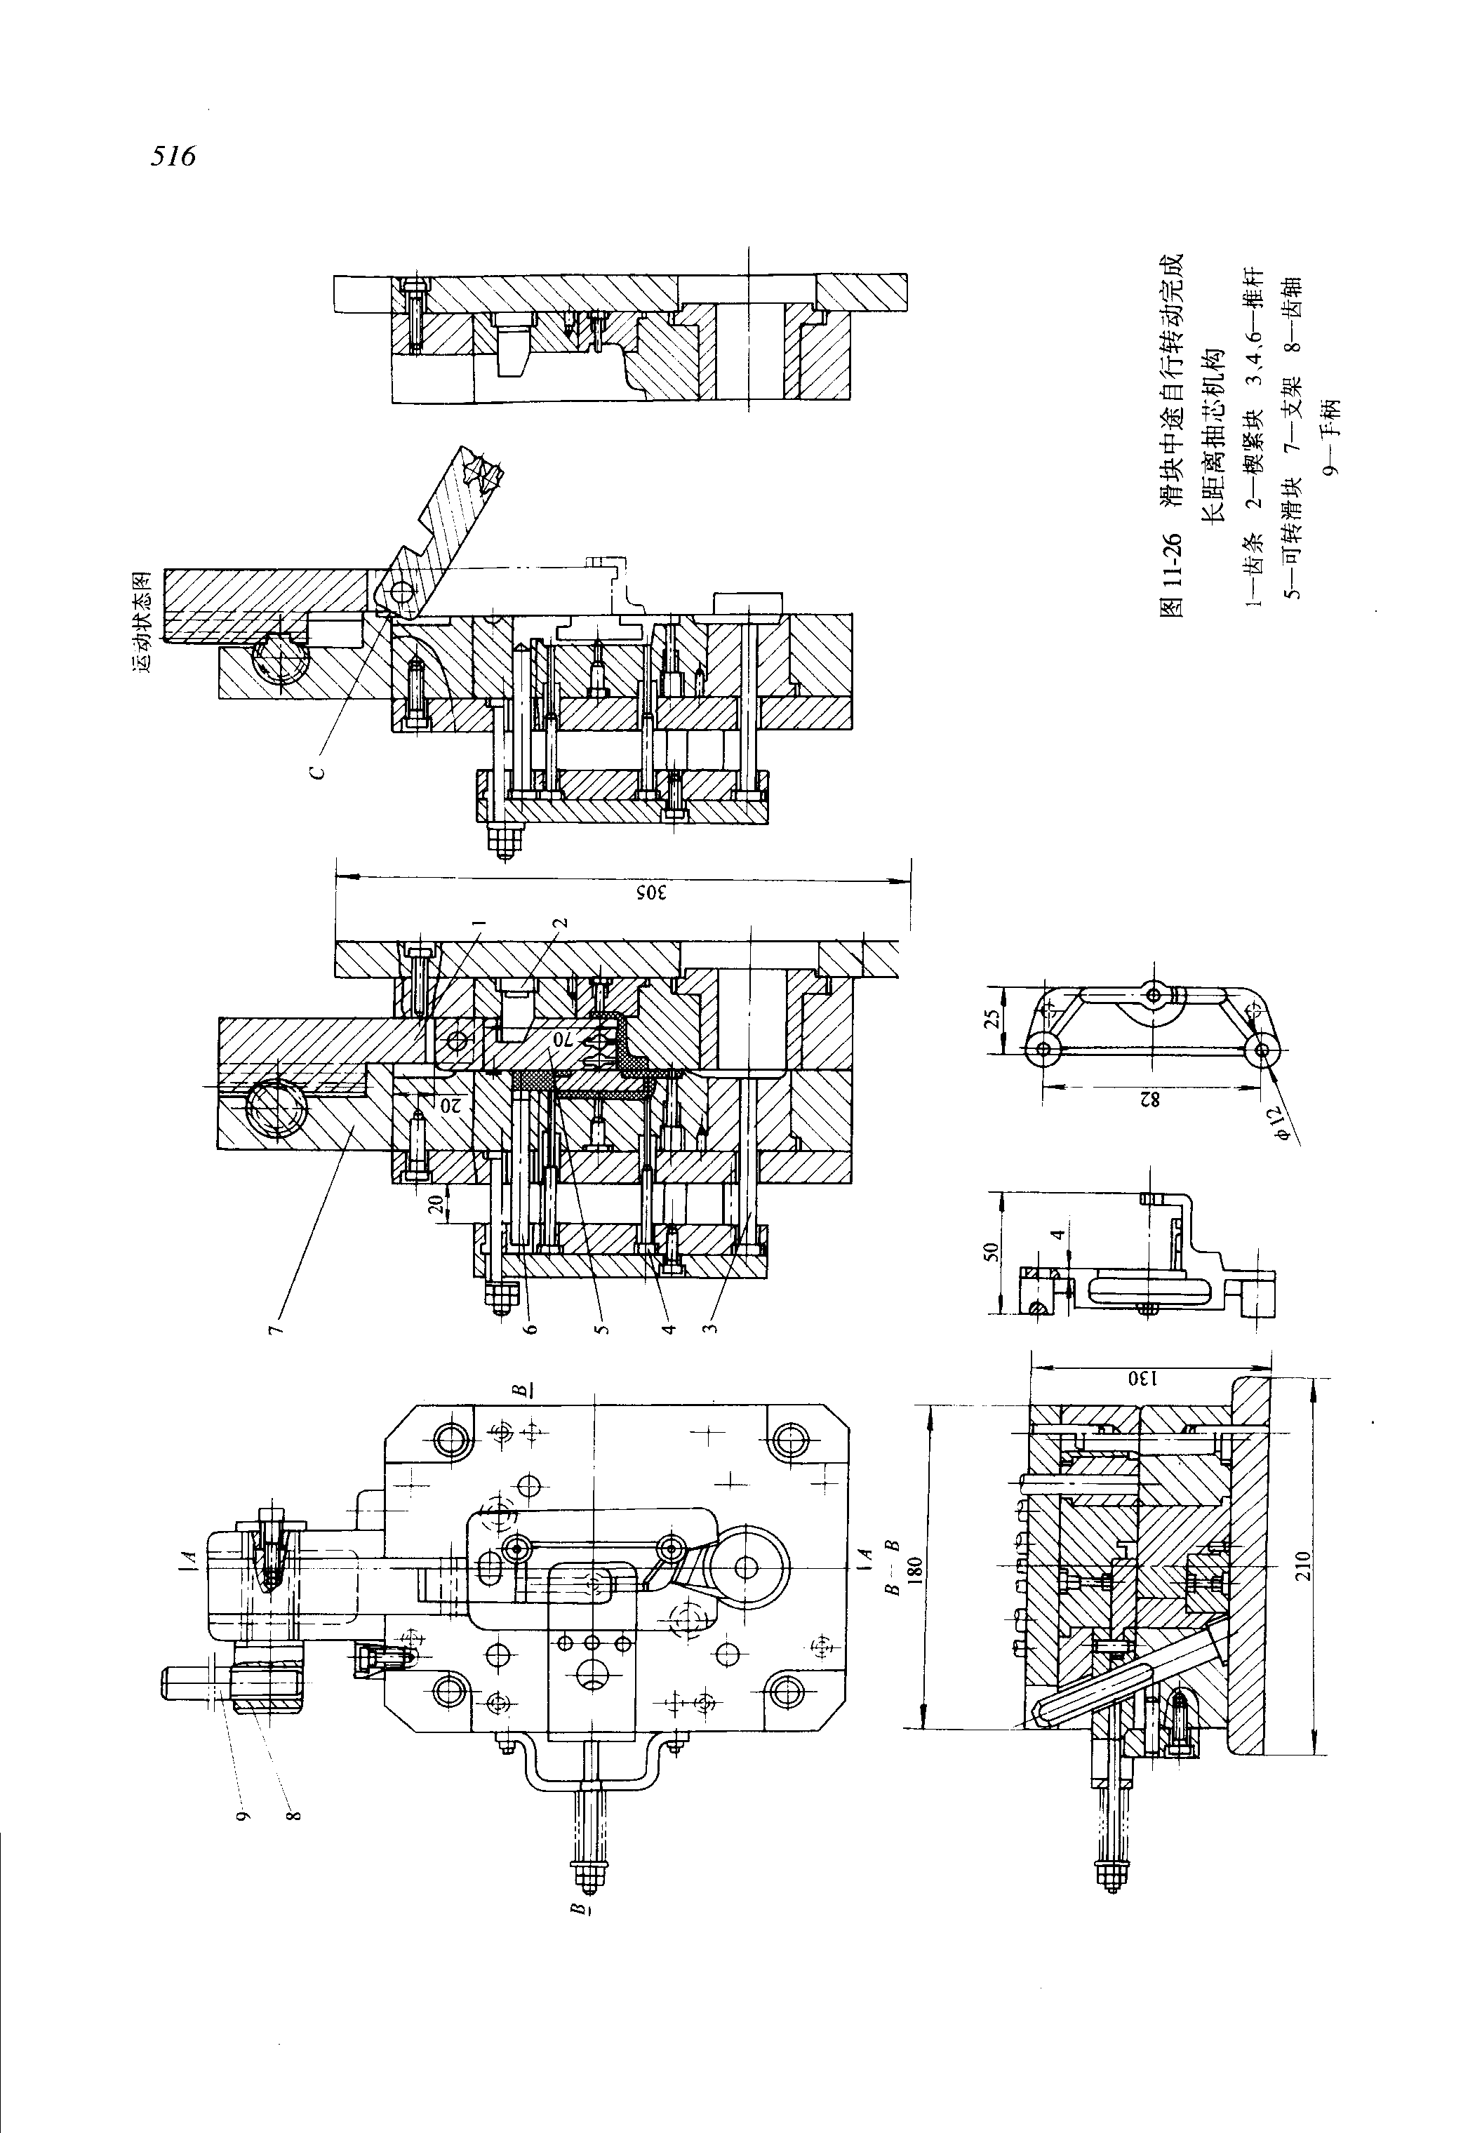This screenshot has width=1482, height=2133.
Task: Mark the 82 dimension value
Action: pyautogui.click(x=1151, y=1099)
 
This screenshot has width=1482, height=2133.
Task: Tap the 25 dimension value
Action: pyautogui.click(x=992, y=1019)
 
